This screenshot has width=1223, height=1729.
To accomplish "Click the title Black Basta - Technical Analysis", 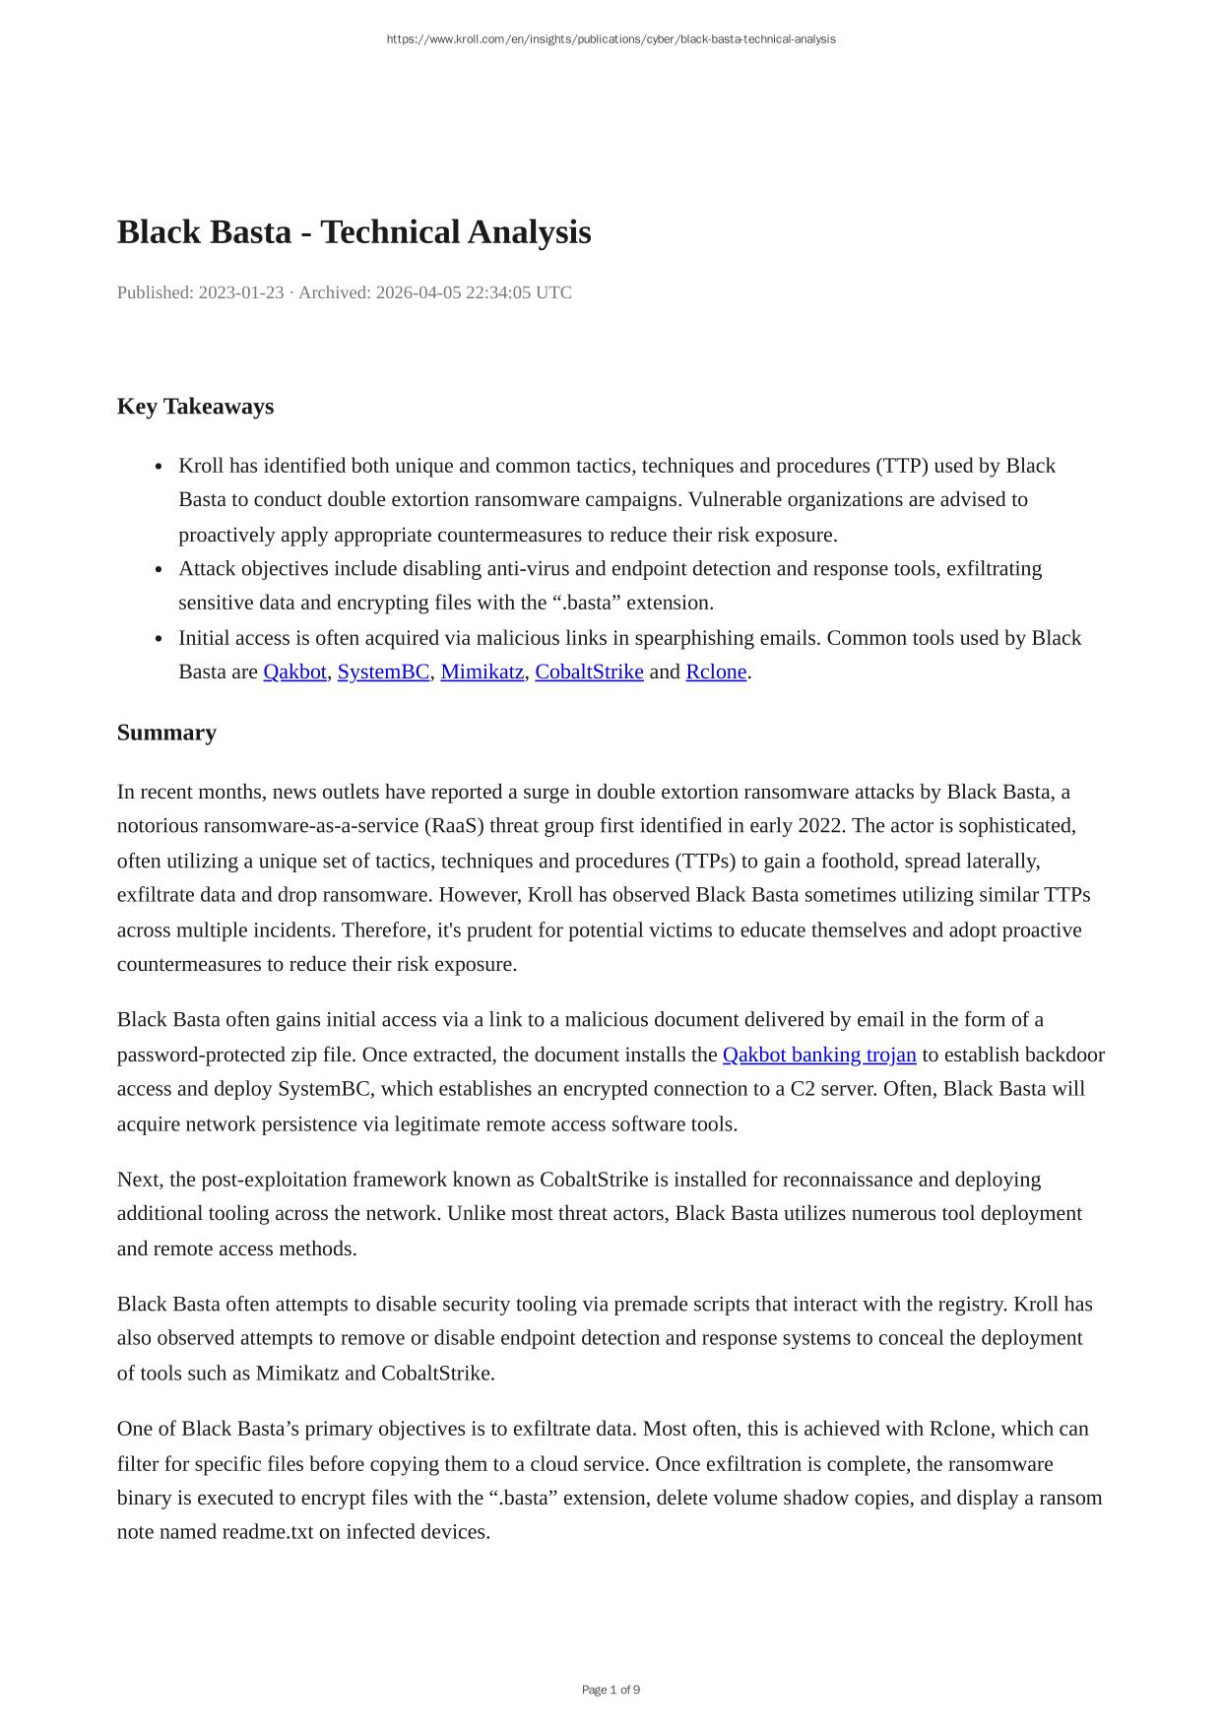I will coord(354,232).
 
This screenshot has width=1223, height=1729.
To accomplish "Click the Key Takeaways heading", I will coord(195,407).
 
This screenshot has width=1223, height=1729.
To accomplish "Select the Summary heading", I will coord(166,733).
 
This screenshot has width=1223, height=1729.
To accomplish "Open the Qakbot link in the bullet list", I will coord(294,672).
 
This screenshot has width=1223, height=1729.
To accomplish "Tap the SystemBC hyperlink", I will coord(383,672).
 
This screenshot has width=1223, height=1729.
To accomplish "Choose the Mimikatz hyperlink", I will coord(482,672).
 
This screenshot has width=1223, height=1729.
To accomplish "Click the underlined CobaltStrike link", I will coord(589,672).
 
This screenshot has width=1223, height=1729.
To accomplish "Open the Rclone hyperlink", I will coord(716,672).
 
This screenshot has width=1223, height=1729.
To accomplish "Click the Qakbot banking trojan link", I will coord(819,1055).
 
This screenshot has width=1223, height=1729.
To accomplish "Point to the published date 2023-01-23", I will coord(241,292).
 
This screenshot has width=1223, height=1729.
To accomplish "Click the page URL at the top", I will coord(611,39).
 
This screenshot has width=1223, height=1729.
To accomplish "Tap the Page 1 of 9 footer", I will coord(611,1690).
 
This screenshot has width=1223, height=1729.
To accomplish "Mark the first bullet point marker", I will coord(160,467).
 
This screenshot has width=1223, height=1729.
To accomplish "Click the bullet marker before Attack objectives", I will coord(160,569).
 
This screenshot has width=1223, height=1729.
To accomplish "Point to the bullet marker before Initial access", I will coord(160,639).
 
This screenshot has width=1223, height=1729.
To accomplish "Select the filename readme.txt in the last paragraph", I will coord(268,1532).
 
